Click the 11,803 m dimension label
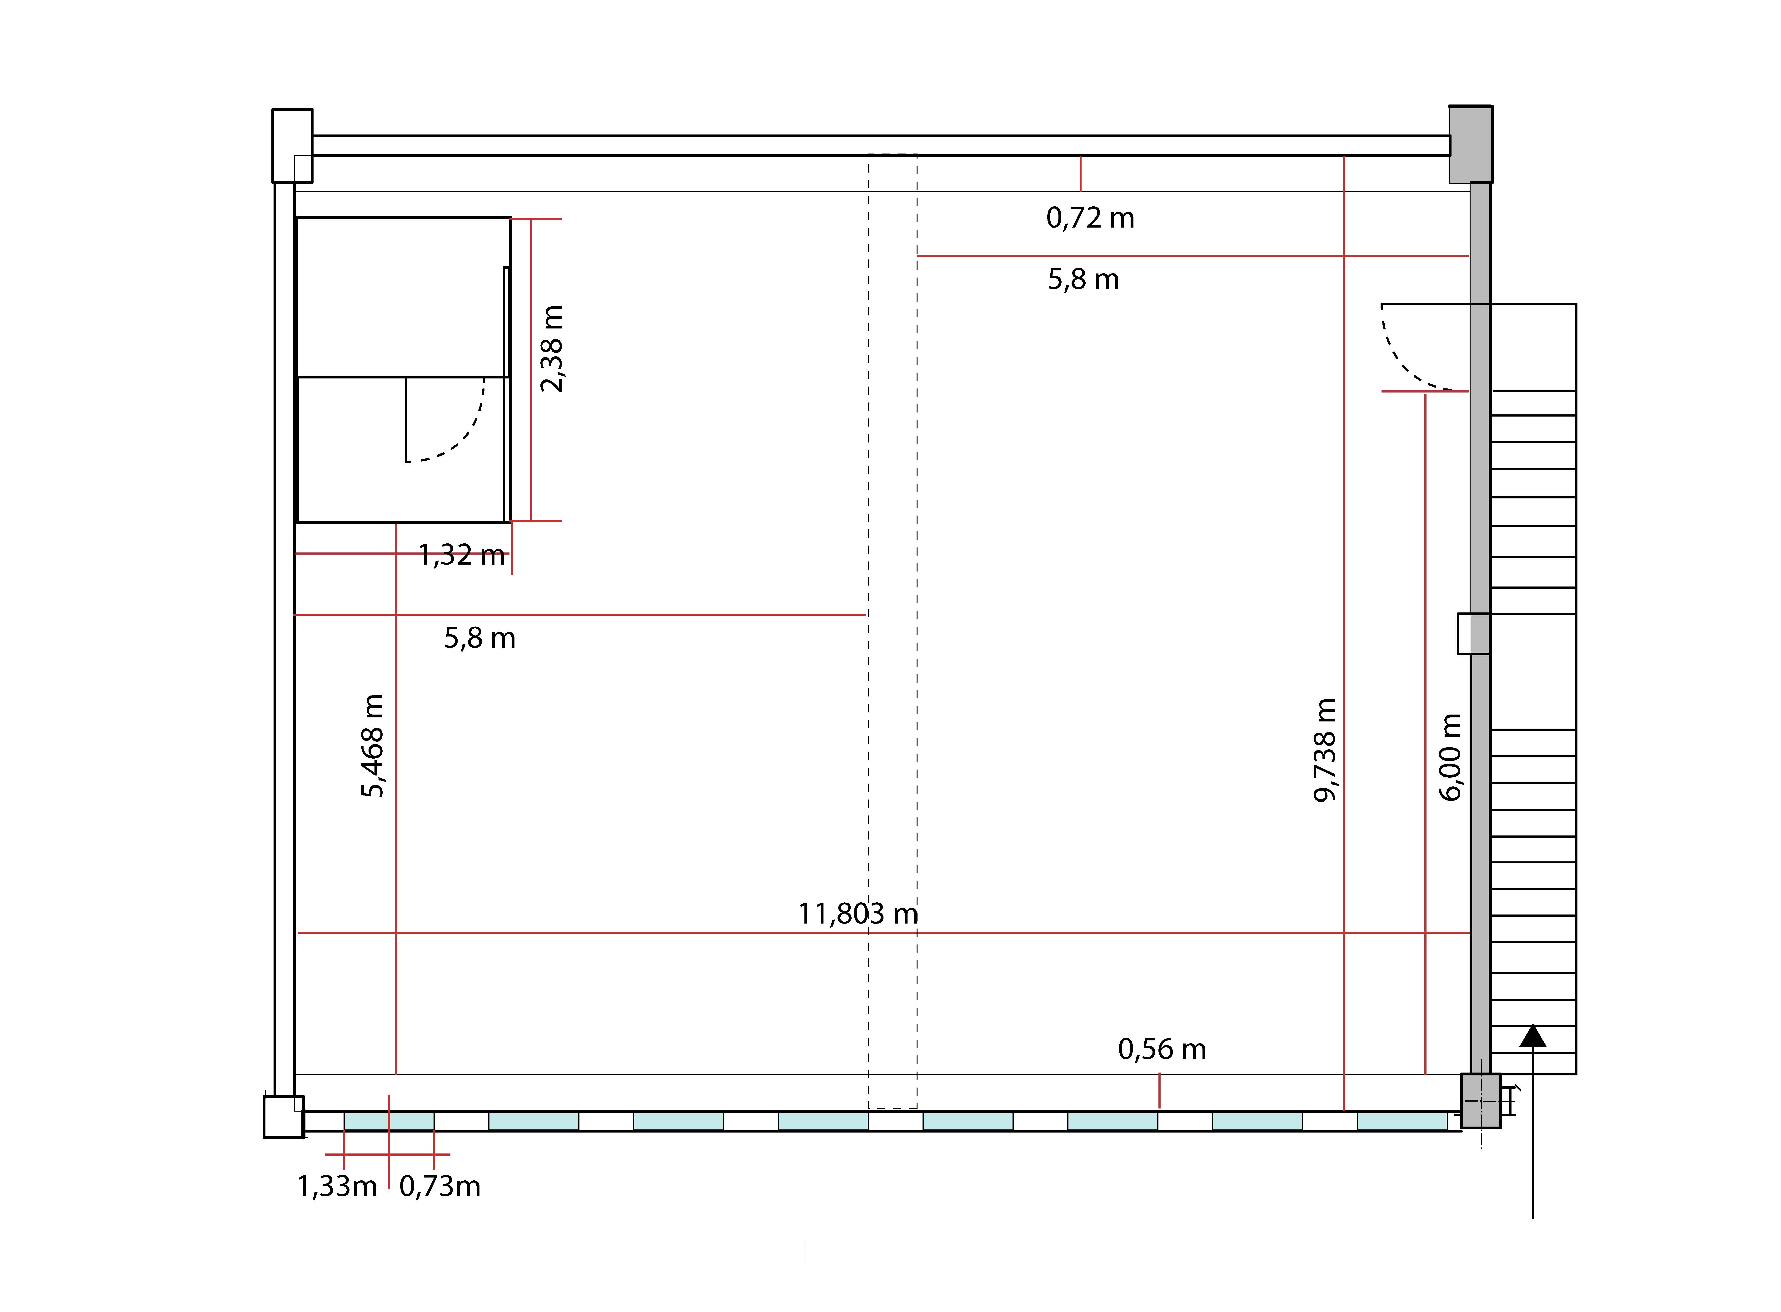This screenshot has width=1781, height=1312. [x=858, y=914]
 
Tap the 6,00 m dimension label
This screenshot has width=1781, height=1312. [x=1450, y=757]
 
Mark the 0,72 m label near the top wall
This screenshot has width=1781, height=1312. [x=1090, y=218]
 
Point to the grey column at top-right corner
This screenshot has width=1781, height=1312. [x=1470, y=144]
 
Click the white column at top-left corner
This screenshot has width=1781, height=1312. [x=292, y=145]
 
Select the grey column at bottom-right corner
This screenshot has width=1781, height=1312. [x=1481, y=1101]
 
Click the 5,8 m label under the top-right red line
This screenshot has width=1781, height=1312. [x=1083, y=279]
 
